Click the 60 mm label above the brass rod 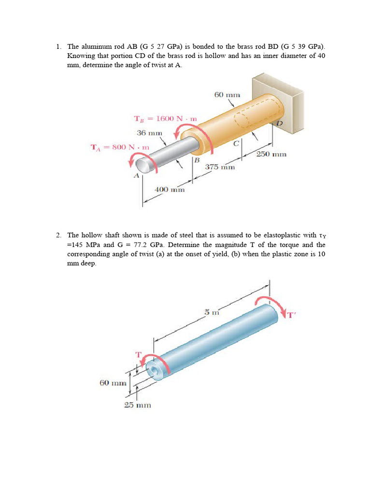tap(227, 95)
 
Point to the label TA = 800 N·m tap(120, 146)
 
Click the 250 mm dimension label tap(271, 154)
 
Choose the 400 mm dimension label tap(170, 189)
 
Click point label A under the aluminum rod tap(136, 176)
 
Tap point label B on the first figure tap(197, 160)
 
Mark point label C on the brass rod tap(236, 143)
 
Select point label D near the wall tap(279, 124)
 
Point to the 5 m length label tap(208, 312)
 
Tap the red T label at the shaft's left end tap(138, 354)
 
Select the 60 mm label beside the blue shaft tap(113, 383)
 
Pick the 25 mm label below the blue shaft tap(138, 405)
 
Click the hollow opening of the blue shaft tap(155, 372)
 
